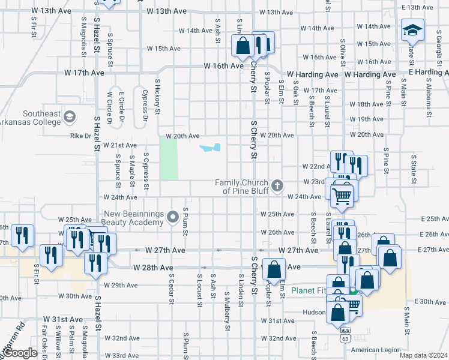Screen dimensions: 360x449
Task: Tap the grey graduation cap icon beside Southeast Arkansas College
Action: pyautogui.click(x=70, y=116)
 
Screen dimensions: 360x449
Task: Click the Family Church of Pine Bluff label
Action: pyautogui.click(x=244, y=187)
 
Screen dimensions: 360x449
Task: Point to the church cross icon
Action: pyautogui.click(x=277, y=185)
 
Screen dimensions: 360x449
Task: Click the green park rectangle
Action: pyautogui.click(x=169, y=158)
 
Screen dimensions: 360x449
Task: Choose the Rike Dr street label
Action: pyautogui.click(x=80, y=136)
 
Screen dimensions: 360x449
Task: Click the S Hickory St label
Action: pyautogui.click(x=158, y=96)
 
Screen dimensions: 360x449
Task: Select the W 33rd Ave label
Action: pyautogui.click(x=122, y=355)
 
